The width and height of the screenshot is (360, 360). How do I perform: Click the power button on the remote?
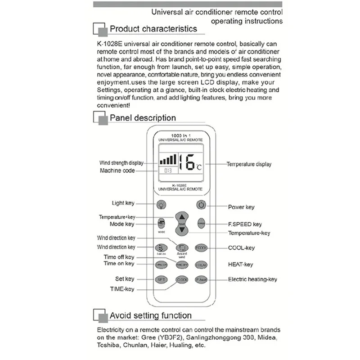pos(201,205)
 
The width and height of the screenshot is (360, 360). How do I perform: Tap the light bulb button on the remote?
pos(161,205)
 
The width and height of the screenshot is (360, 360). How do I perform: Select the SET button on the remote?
pos(161,279)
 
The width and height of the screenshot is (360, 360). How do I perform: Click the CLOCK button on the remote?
pos(181,279)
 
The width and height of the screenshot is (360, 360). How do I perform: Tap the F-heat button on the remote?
pos(201,279)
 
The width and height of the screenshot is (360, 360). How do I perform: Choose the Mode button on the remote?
pos(161,224)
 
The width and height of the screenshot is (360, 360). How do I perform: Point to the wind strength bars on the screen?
pos(166,159)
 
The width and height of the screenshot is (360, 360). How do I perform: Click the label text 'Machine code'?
pos(117,171)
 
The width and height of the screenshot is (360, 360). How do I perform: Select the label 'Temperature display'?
pos(249,165)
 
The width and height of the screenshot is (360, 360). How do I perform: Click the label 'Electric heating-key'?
pos(252,279)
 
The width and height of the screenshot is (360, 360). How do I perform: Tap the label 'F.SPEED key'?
pos(245,224)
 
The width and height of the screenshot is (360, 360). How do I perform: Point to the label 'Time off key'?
pos(119,257)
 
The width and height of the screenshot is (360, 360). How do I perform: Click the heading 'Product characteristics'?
pos(153,29)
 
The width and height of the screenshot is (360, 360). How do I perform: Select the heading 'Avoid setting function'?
pos(151,316)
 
